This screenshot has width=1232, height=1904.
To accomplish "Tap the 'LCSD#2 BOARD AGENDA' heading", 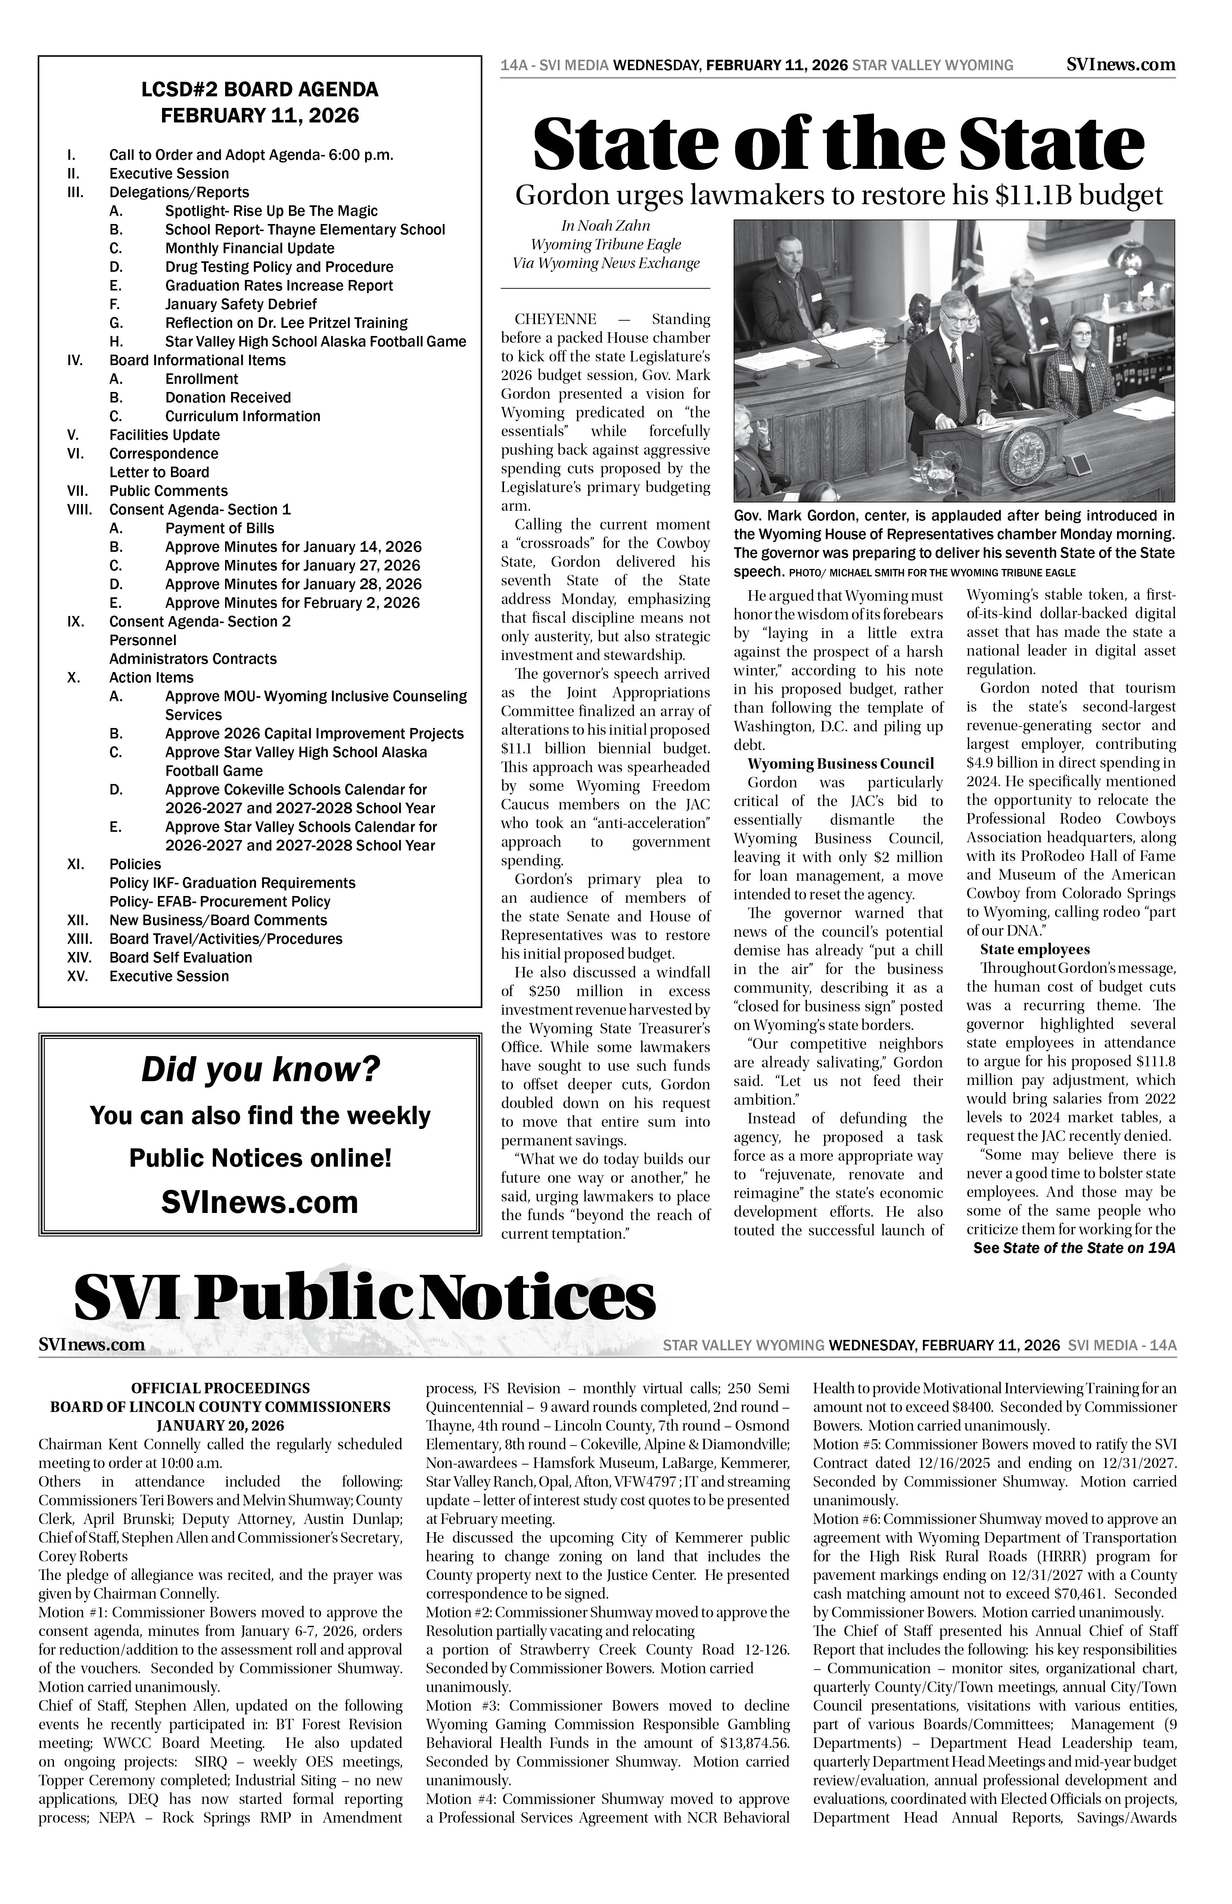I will click(260, 90).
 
